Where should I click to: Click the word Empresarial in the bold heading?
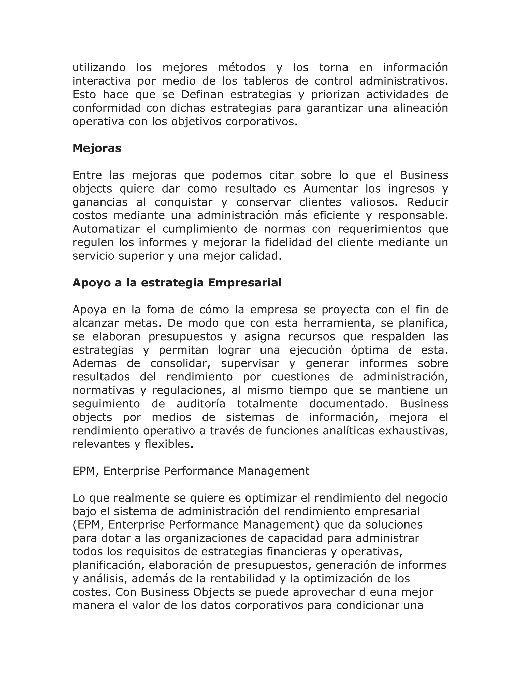click(x=245, y=283)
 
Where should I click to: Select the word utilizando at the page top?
click(x=99, y=67)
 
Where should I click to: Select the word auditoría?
click(x=201, y=404)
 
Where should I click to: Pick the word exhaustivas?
click(x=413, y=431)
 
